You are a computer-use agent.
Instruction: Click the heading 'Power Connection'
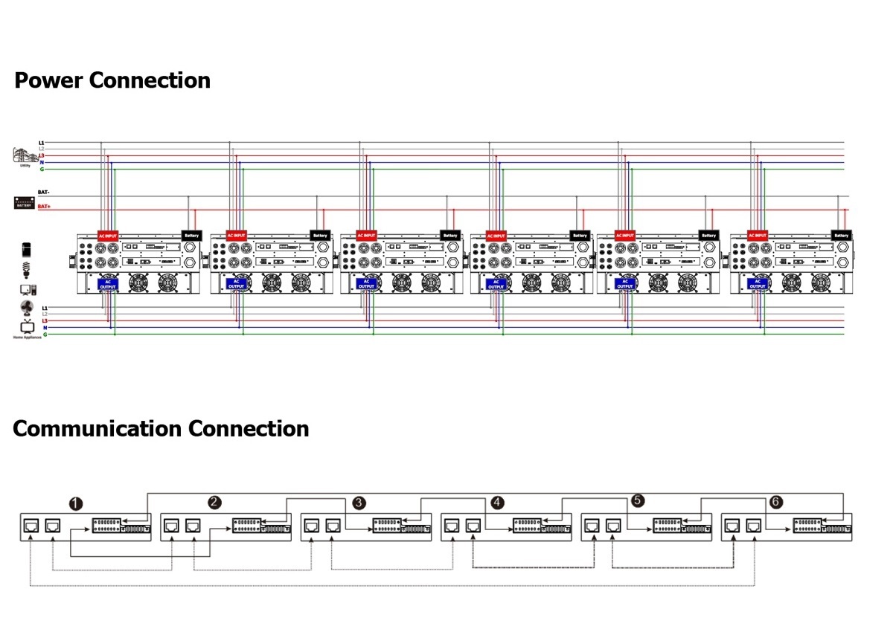[112, 80]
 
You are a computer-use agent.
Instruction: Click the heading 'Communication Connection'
[161, 429]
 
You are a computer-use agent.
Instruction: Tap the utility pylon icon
[25, 155]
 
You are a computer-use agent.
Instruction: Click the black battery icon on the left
[25, 202]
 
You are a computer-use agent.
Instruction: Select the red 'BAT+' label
[44, 207]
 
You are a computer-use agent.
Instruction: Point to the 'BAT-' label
[43, 193]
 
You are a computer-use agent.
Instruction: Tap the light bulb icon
[27, 268]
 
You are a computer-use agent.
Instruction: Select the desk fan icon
[27, 308]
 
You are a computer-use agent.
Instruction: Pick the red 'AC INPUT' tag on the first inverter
[108, 236]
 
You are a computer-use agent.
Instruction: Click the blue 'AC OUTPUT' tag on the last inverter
[758, 284]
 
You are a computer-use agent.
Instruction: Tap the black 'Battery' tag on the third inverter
[450, 236]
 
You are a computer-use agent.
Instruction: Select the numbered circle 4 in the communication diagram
[497, 503]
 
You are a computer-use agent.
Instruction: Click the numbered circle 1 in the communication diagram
[75, 503]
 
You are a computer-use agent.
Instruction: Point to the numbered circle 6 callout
[776, 503]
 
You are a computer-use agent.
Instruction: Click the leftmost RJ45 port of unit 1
[32, 526]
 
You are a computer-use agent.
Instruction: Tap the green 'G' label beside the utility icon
[42, 170]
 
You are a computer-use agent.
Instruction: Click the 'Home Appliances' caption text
[28, 338]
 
